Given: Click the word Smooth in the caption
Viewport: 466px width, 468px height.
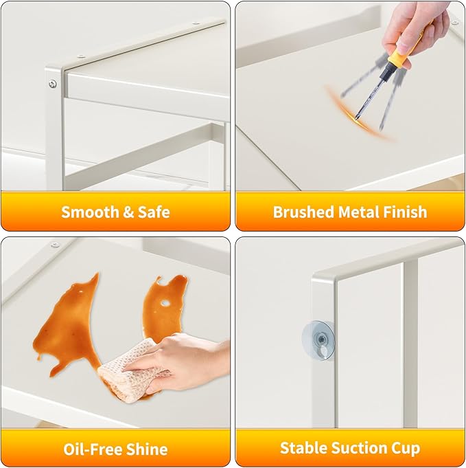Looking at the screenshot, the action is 90,212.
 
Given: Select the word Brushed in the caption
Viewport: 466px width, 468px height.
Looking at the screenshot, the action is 303,212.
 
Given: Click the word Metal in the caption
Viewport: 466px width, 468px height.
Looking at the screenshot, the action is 359,212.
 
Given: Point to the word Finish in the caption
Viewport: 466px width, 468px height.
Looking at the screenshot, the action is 405,212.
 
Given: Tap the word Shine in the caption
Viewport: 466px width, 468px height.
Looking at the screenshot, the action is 147,449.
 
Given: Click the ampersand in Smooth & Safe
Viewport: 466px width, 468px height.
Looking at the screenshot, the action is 128,212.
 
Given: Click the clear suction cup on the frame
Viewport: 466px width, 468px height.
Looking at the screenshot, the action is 318,340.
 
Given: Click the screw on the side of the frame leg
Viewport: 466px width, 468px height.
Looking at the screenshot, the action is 53,84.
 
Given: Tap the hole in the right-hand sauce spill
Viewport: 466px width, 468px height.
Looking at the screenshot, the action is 165,304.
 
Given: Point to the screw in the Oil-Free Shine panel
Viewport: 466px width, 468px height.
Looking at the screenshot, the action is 55,245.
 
